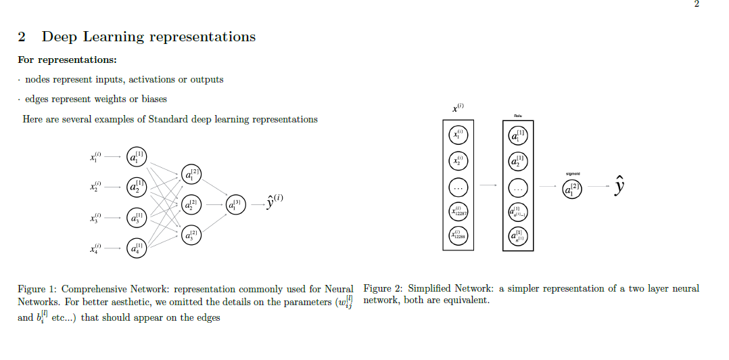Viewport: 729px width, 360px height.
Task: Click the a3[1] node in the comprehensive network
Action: pyautogui.click(x=137, y=218)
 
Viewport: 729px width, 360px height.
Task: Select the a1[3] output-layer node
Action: pyautogui.click(x=235, y=204)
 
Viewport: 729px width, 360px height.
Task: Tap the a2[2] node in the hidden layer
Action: pyautogui.click(x=191, y=204)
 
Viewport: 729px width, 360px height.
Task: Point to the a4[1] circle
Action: pyautogui.click(x=137, y=248)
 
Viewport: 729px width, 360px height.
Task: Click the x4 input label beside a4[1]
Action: pyautogui.click(x=95, y=248)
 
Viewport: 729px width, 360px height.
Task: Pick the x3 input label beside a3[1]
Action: pyautogui.click(x=95, y=218)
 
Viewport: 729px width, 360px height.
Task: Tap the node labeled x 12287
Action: pyautogui.click(x=458, y=211)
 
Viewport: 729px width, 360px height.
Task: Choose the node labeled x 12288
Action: pyautogui.click(x=458, y=235)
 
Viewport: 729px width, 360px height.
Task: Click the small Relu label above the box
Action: pyautogui.click(x=518, y=116)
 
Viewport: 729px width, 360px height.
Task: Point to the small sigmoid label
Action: pyautogui.click(x=573, y=174)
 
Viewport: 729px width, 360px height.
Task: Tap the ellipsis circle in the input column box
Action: pyautogui.click(x=458, y=187)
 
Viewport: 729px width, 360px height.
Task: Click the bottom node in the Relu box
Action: pyautogui.click(x=518, y=235)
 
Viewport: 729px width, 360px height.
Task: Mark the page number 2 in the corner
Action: pyautogui.click(x=697, y=5)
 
